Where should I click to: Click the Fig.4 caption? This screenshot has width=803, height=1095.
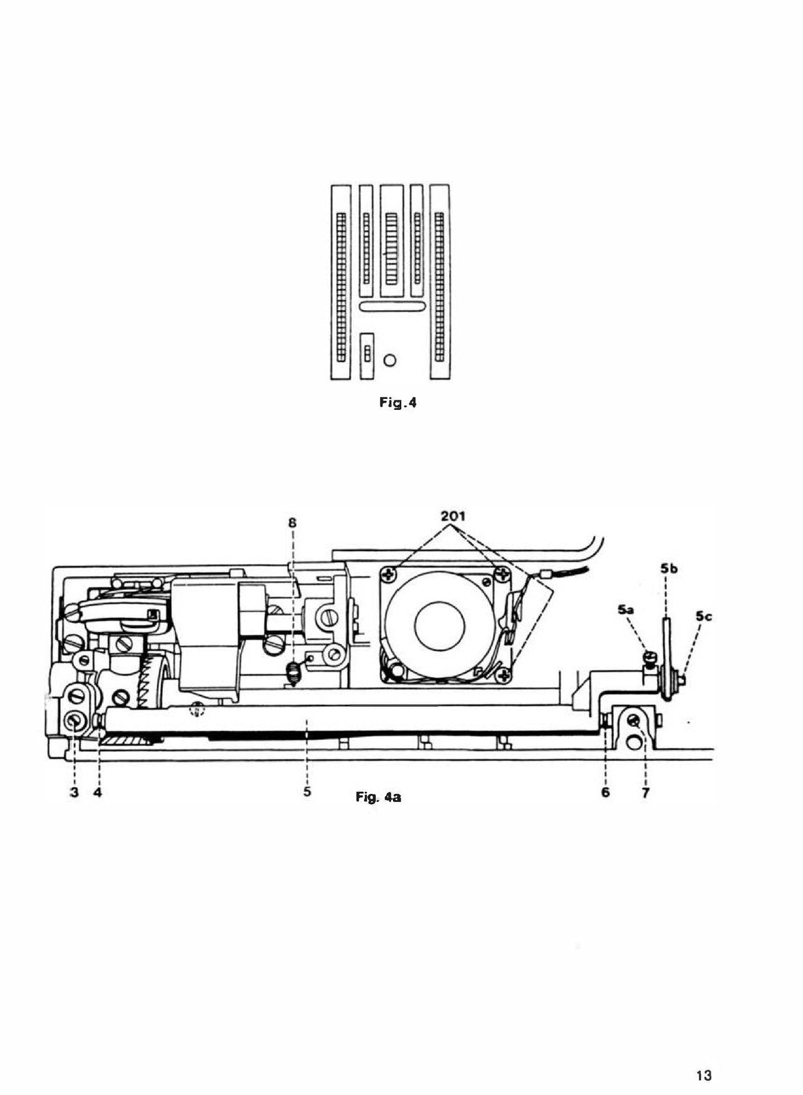click(x=398, y=403)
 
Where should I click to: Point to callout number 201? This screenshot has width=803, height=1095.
click(x=453, y=517)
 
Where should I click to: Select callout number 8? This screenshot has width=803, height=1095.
click(x=292, y=523)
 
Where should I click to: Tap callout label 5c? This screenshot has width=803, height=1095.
click(x=704, y=617)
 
